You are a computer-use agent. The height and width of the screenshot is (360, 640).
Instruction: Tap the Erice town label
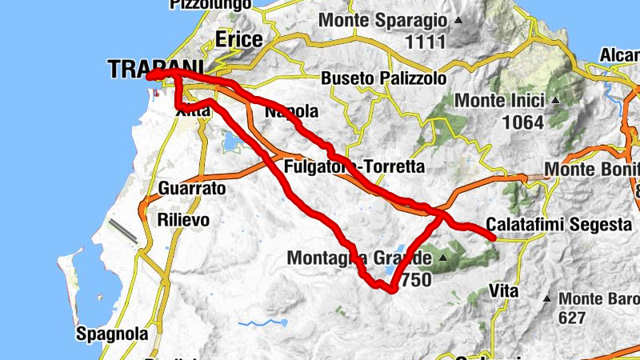238,40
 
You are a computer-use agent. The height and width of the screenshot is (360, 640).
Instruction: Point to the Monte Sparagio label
383,19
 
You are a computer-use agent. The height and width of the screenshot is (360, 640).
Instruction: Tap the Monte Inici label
499,101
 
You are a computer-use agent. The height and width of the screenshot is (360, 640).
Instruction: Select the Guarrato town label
192,189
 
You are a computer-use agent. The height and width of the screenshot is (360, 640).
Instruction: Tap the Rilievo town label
183,219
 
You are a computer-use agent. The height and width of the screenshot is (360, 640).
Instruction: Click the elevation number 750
416,280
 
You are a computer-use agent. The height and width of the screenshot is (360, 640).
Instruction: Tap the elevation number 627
572,318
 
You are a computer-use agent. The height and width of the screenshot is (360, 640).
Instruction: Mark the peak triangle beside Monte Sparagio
458,19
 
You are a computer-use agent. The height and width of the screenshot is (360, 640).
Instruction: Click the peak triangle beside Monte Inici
554,101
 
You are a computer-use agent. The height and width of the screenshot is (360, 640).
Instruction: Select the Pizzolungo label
203,4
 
